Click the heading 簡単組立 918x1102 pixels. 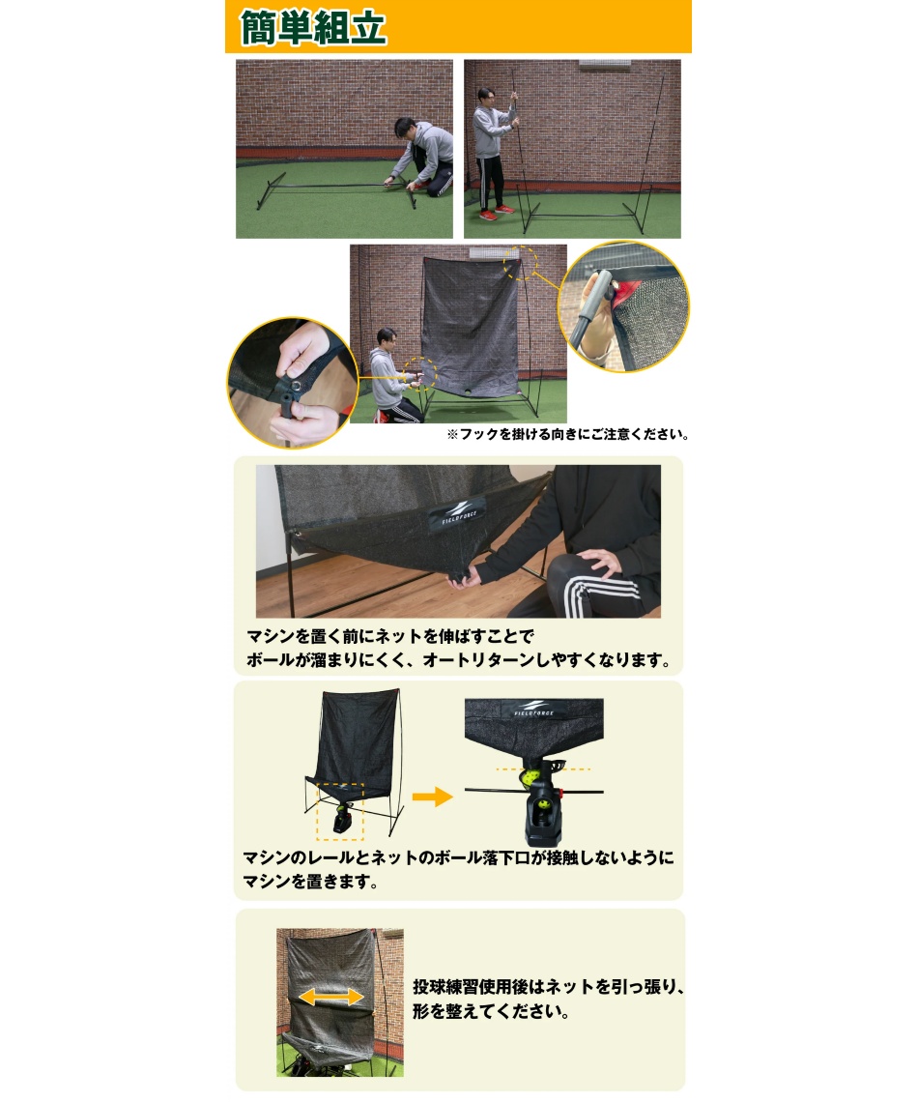(314, 27)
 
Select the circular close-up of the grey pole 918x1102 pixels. (623, 305)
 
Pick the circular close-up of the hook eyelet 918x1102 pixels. (290, 382)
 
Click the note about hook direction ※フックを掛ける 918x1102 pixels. (567, 435)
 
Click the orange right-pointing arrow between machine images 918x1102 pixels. (432, 797)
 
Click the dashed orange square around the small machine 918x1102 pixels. (339, 812)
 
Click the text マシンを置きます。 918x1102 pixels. (309, 882)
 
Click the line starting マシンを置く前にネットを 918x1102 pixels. (389, 637)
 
